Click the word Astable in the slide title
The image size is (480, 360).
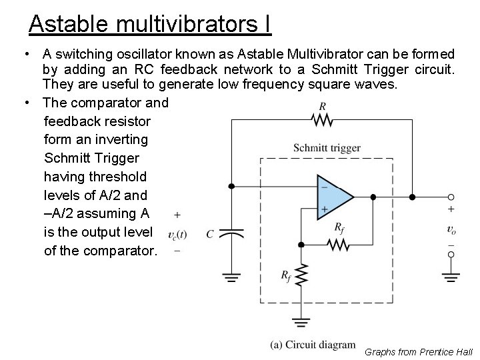pyautogui.click(x=69, y=24)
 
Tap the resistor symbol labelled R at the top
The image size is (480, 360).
pyautogui.click(x=323, y=119)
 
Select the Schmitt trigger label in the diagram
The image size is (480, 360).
pyautogui.click(x=327, y=148)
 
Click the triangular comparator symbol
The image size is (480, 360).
pyautogui.click(x=334, y=197)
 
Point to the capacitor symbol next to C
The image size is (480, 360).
pyautogui.click(x=231, y=234)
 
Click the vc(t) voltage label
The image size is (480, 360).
pyautogui.click(x=177, y=234)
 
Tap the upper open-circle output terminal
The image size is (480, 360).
pyautogui.click(x=451, y=197)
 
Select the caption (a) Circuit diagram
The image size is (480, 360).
pyautogui.click(x=313, y=345)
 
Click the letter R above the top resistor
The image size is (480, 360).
pyautogui.click(x=323, y=106)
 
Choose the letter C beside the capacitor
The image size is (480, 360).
pyautogui.click(x=210, y=234)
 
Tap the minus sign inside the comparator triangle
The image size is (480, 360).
pyautogui.click(x=325, y=187)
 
